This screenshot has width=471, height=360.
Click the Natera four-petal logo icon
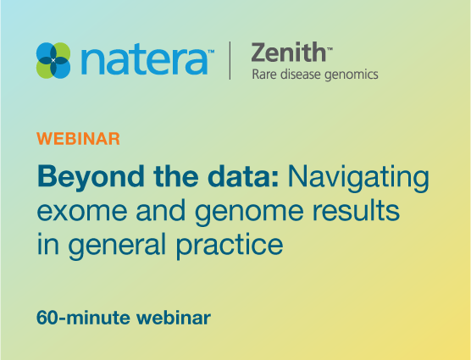[x=53, y=60]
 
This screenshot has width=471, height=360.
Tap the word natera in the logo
[x=144, y=61]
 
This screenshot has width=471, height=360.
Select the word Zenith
[x=288, y=53]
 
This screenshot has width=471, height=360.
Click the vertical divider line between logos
[x=230, y=60]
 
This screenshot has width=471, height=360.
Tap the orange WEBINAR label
[x=79, y=139]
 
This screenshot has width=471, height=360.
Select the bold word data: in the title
[x=243, y=176]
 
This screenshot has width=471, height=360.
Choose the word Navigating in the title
[x=358, y=178]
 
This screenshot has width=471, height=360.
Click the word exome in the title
[x=82, y=211]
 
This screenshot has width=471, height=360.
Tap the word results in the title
[x=356, y=209]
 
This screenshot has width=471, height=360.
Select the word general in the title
[x=117, y=245]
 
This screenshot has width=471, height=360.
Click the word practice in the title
[x=230, y=245]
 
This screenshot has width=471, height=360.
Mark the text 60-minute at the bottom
[x=83, y=318]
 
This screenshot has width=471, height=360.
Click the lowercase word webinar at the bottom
[x=174, y=318]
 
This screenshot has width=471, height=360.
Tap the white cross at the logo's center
[x=53, y=60]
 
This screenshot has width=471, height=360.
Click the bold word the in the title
[x=175, y=176]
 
